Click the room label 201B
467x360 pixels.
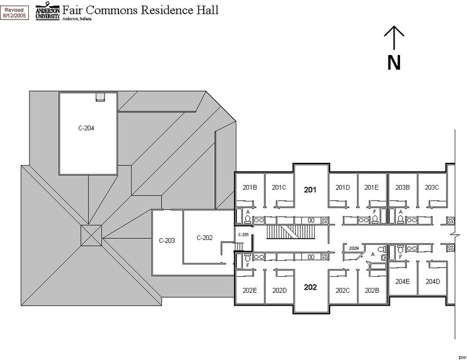click(x=250, y=187)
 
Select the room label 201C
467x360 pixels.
click(x=279, y=187)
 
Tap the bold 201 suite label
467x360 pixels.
click(x=311, y=190)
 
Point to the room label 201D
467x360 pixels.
click(x=342, y=187)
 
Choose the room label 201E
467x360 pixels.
click(x=372, y=187)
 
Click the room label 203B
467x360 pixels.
click(x=403, y=187)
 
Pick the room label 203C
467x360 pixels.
click(x=432, y=187)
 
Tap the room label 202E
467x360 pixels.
click(x=250, y=290)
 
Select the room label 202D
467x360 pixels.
click(x=279, y=290)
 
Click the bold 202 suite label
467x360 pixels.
click(x=311, y=287)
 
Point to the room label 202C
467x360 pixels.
click(x=342, y=290)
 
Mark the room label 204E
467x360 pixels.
click(x=403, y=282)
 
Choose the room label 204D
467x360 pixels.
click(x=433, y=282)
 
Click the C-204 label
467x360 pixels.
click(x=87, y=129)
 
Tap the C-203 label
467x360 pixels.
click(x=167, y=241)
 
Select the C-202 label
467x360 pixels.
click(x=204, y=238)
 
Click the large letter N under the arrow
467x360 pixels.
click(x=393, y=62)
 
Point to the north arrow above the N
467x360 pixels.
click(x=393, y=38)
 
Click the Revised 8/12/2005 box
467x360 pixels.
click(x=15, y=12)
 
